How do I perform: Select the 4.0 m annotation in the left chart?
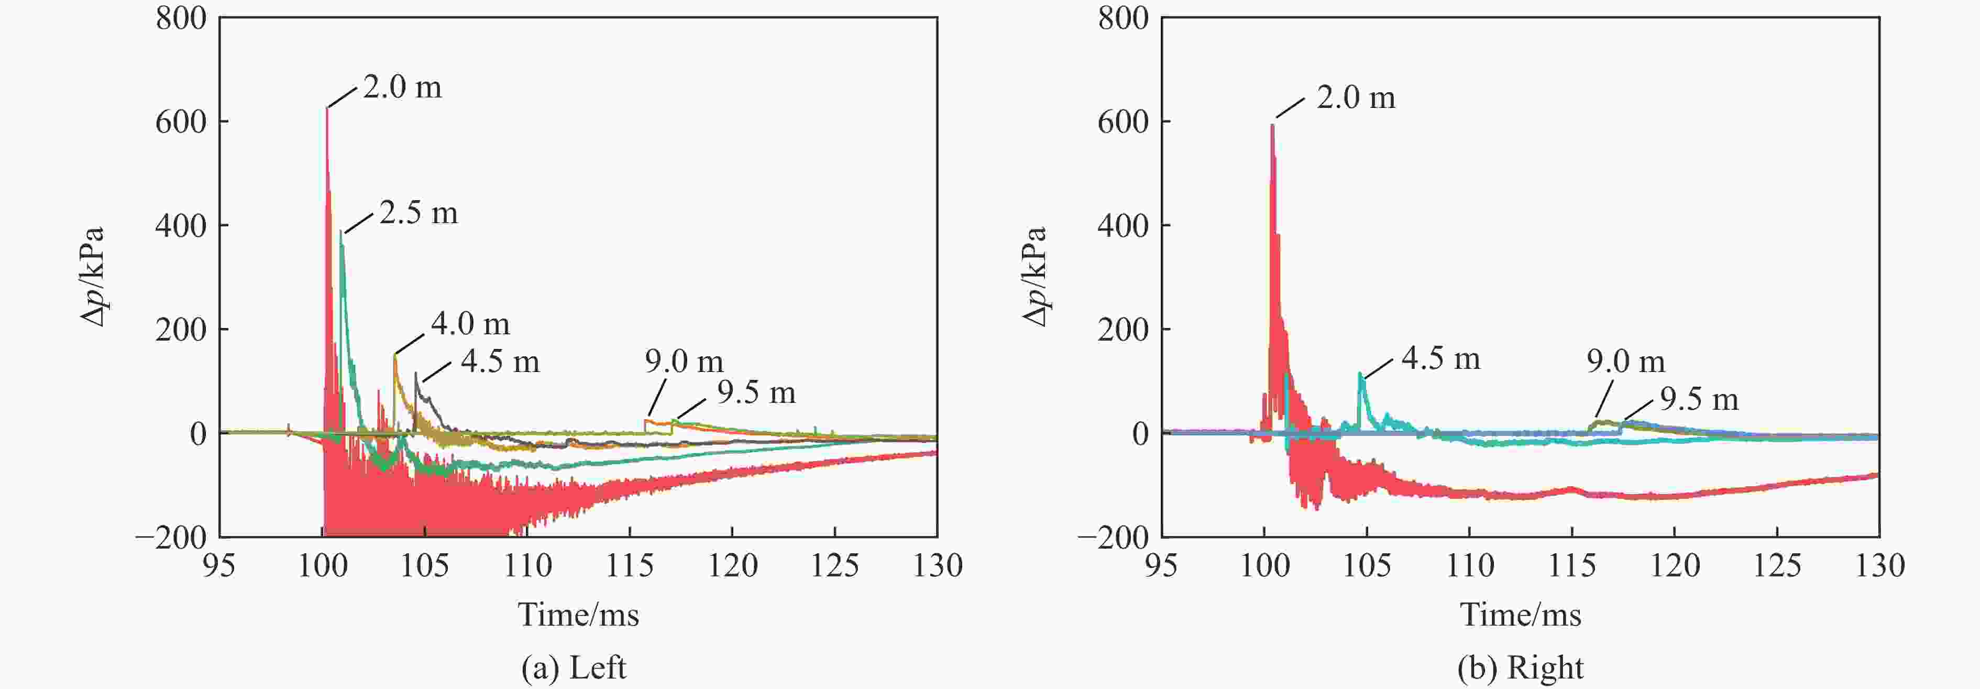click(x=470, y=324)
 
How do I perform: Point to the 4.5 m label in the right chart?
click(x=1440, y=358)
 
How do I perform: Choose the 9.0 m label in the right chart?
click(x=1625, y=362)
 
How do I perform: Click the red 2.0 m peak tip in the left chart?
click(x=327, y=108)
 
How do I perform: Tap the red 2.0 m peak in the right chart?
click(x=1272, y=125)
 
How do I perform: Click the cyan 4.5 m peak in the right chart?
click(x=1360, y=375)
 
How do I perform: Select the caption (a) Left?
click(x=574, y=668)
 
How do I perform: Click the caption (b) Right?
click(x=1520, y=668)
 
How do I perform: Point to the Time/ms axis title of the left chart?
click(x=578, y=615)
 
